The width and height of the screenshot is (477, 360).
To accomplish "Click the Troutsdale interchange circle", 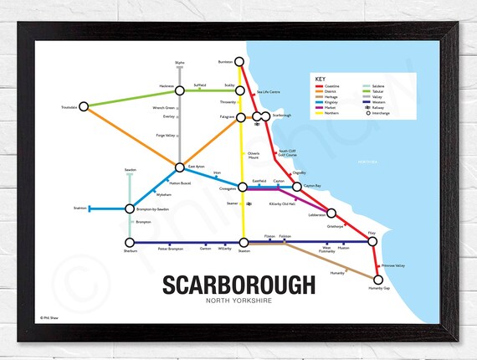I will tap(84, 108).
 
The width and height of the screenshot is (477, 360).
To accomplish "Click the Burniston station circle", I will tap(240, 61).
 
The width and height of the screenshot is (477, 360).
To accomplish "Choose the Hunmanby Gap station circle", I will tap(377, 282).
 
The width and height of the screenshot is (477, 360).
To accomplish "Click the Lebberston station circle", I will tap(331, 213).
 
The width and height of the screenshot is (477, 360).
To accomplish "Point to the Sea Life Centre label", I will tap(269, 90).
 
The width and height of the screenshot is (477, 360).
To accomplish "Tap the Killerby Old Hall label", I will tap(282, 203).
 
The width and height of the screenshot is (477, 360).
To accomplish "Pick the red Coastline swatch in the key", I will tap(320, 85).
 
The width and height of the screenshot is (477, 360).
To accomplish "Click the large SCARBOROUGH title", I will tap(238, 285).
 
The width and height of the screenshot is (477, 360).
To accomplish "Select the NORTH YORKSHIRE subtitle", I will tap(238, 303).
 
